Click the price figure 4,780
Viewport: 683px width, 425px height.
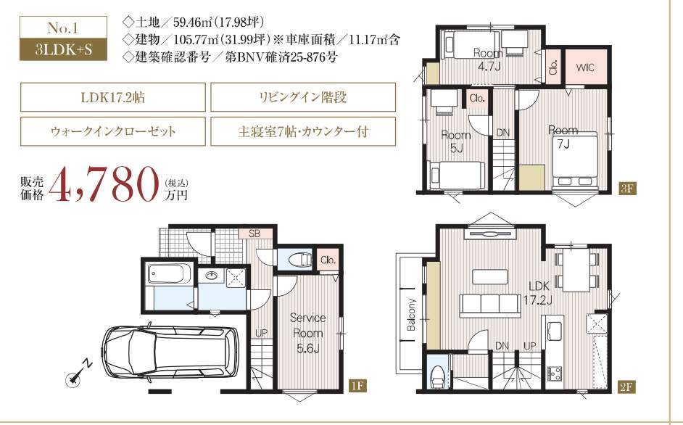pos(103,185)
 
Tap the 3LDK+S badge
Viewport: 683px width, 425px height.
pos(64,49)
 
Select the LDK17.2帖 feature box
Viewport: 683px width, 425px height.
pos(113,97)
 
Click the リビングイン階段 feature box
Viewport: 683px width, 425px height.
pos(303,97)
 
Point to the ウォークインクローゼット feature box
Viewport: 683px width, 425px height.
pos(113,131)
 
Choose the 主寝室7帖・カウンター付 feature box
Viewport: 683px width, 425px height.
pos(303,131)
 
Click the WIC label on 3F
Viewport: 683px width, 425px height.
pos(584,67)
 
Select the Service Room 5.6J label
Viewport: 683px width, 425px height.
pos(307,333)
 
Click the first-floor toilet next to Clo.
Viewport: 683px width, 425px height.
pos(299,260)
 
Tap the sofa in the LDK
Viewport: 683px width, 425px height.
pos(490,305)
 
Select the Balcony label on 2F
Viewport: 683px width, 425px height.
pos(411,315)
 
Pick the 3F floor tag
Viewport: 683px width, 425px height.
pos(628,189)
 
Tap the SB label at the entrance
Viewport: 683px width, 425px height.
pos(254,234)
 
